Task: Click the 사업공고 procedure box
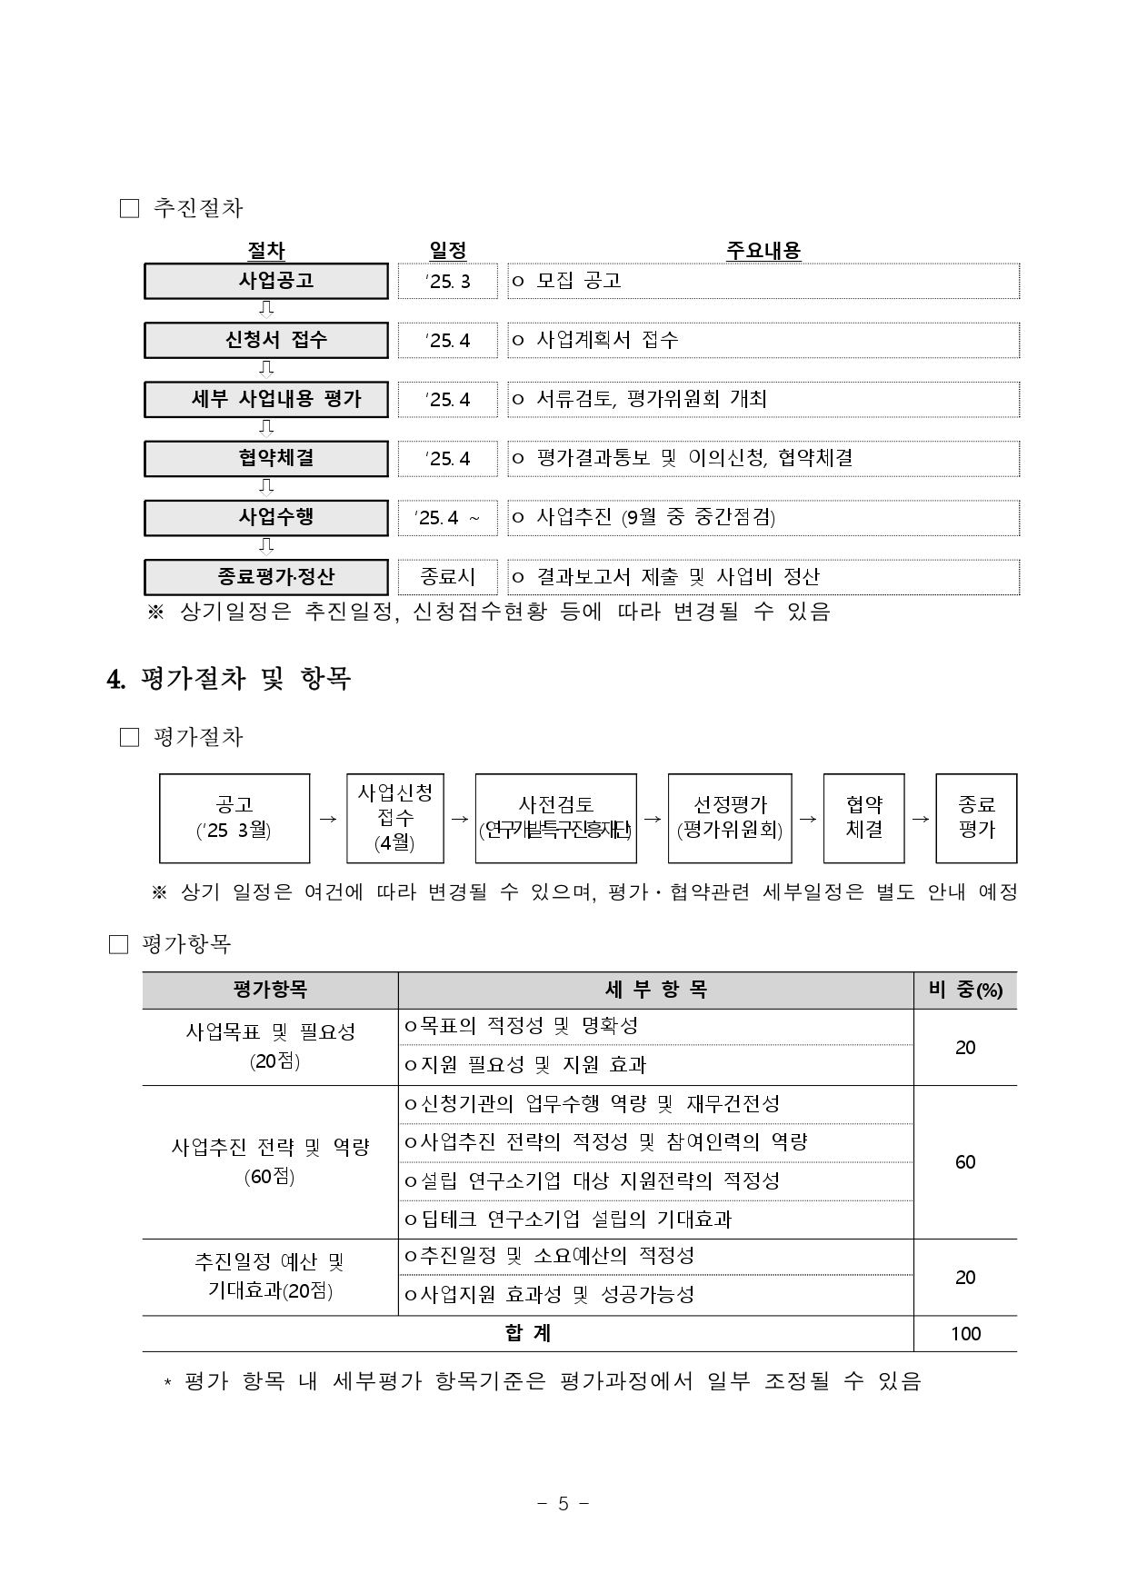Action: coord(266,281)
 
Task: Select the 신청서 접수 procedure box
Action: coord(266,340)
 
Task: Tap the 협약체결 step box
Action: coord(266,458)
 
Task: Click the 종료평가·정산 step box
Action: coord(266,577)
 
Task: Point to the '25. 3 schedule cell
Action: coord(448,281)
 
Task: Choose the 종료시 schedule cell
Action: coord(448,577)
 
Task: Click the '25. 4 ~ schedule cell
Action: coord(448,518)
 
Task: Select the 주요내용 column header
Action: coord(763,251)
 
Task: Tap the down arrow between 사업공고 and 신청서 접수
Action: coord(266,310)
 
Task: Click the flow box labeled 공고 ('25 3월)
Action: coord(234,818)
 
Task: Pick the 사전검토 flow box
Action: coord(555,818)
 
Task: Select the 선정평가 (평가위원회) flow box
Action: coord(730,818)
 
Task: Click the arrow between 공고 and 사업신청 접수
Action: coord(328,819)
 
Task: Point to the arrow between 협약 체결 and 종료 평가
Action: coord(920,819)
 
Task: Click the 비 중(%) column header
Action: coord(965,991)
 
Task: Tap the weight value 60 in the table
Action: coord(965,1162)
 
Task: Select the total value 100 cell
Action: coord(965,1334)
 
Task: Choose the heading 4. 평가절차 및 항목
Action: coord(229,679)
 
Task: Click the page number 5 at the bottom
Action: coord(563,1504)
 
